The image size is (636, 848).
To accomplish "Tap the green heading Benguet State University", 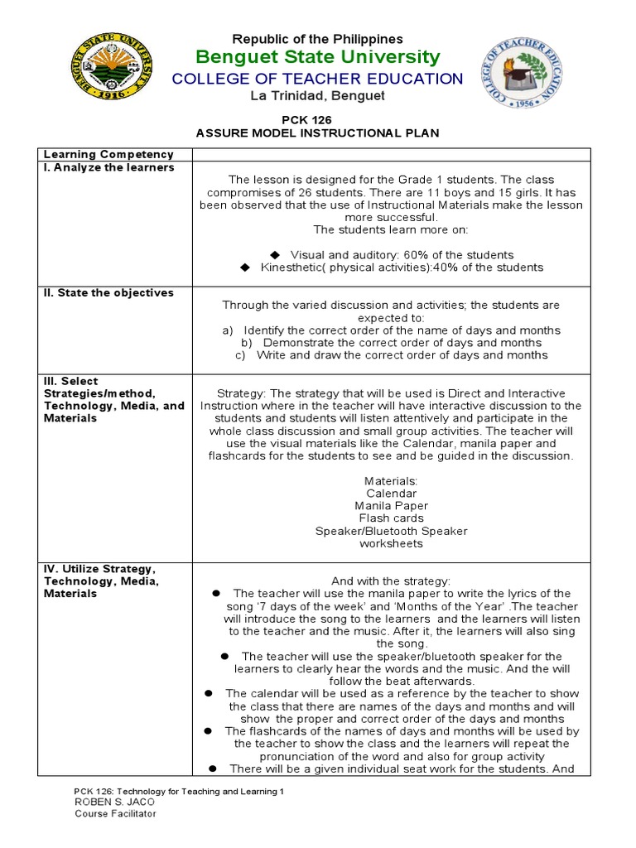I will pos(318,57).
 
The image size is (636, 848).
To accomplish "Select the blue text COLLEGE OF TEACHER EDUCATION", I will pos(318,79).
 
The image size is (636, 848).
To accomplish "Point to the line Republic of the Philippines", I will pos(318,39).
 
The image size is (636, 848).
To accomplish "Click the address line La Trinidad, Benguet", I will pos(318,96).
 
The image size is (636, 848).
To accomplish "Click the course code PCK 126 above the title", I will pos(318,120).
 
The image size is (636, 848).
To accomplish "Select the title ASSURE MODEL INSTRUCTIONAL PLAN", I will pos(318,132).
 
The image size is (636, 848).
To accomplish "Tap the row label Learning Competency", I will pos(108,155).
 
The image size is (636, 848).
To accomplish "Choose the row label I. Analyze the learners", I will pos(108,167).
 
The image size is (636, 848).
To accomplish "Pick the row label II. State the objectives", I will pos(108,292).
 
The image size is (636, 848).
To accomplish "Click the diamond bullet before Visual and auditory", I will pos(276,255).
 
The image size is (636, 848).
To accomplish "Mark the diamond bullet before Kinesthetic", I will pos(244,267).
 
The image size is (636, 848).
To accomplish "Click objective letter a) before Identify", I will pos(229,330).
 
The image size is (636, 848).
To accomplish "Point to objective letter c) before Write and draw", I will pos(241,355).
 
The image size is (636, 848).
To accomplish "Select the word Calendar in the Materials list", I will pos(391,494).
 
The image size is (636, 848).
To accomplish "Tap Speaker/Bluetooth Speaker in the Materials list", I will pos(391,531).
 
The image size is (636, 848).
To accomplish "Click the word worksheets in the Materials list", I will pos(391,543).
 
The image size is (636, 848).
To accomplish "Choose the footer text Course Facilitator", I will pos(115,813).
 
